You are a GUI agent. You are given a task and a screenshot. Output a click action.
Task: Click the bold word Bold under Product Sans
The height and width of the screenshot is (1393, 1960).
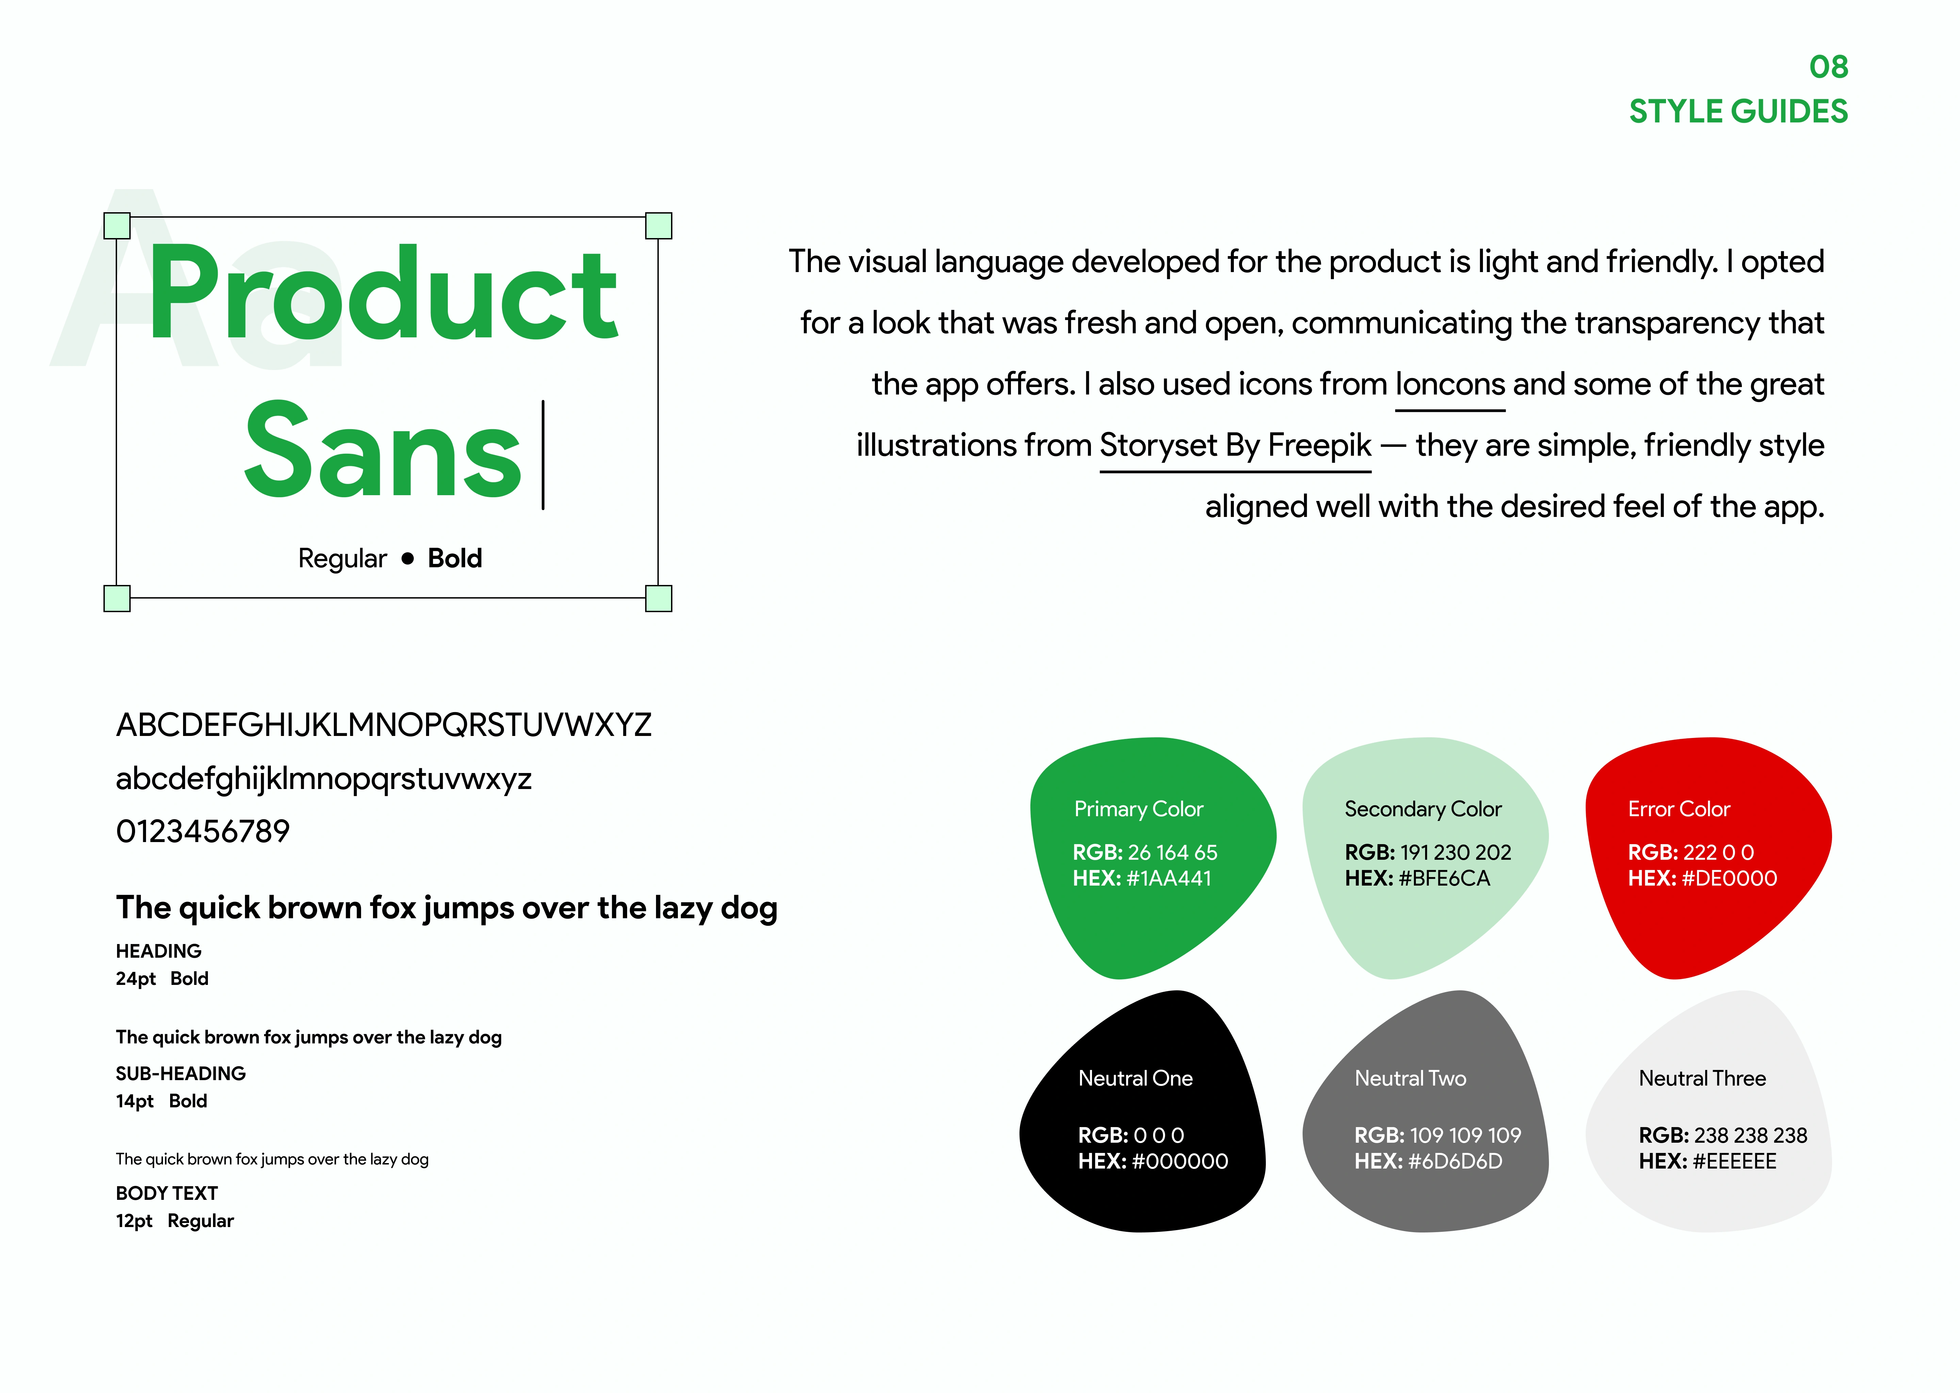(455, 558)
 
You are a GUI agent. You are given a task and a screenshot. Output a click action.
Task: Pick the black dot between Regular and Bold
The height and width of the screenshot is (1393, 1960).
(408, 558)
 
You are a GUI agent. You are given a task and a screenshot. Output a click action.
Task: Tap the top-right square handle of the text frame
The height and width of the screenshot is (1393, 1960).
(658, 225)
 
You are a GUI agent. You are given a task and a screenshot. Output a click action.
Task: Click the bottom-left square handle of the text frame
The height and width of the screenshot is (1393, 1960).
(117, 598)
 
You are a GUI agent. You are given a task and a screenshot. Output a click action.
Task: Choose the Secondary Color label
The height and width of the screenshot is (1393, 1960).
(1423, 809)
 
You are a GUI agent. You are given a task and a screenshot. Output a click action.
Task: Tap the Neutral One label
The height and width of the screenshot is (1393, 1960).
(1135, 1078)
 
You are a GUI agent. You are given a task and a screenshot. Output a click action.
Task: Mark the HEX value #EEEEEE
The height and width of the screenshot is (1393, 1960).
(1734, 1161)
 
